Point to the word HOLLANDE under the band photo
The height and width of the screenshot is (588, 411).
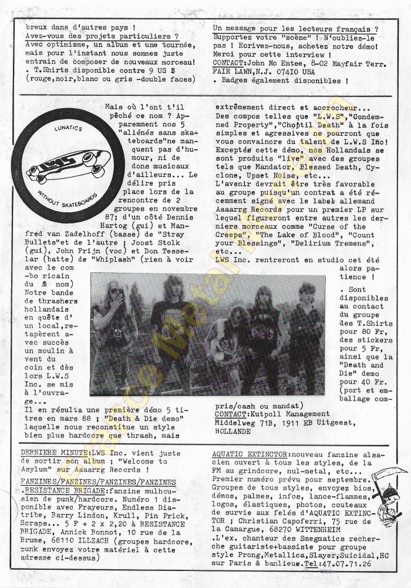tap(234, 431)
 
